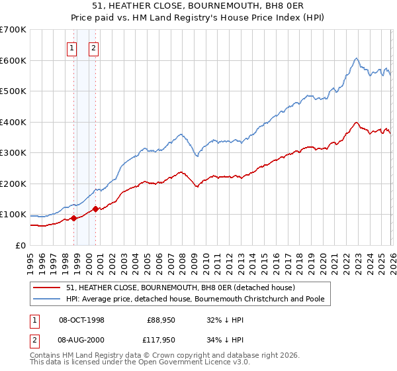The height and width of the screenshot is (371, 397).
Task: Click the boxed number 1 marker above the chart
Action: click(x=71, y=48)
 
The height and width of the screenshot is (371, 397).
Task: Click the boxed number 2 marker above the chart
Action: click(x=93, y=48)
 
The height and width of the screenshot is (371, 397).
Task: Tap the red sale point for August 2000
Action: click(x=95, y=209)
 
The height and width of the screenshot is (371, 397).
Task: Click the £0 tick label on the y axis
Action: click(x=21, y=246)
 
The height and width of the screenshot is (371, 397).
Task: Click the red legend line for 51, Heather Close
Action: click(x=48, y=288)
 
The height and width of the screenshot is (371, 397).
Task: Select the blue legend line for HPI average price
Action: click(x=48, y=299)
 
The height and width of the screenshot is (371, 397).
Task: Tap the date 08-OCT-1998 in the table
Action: click(x=81, y=319)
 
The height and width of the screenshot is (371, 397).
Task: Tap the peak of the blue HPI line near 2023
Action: click(x=356, y=58)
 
